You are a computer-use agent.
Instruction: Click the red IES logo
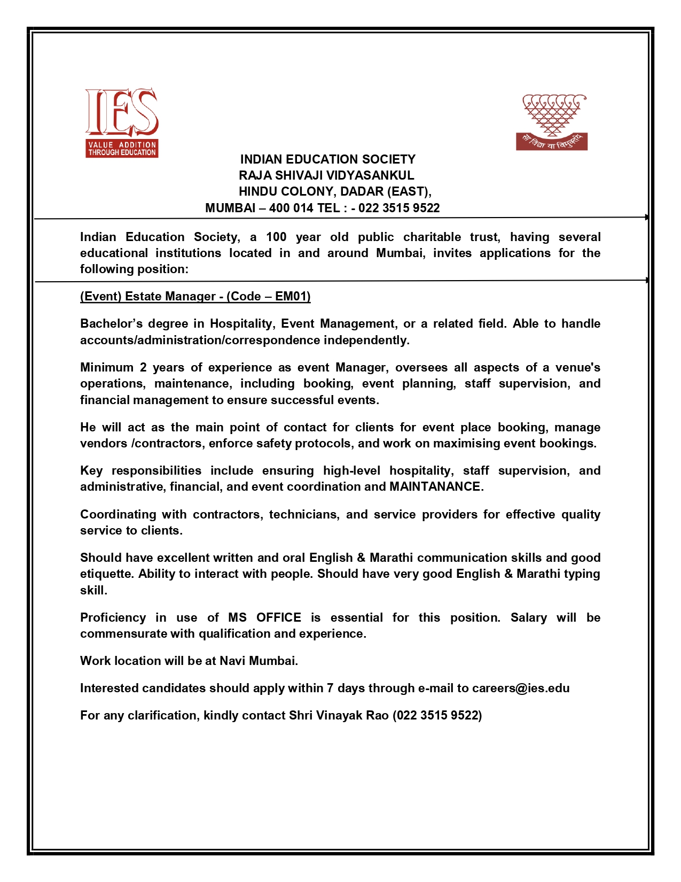click(122, 122)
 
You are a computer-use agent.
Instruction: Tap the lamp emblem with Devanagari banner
click(552, 122)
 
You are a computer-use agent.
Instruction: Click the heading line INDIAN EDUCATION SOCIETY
click(327, 159)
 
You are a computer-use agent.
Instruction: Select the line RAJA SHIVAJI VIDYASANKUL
click(326, 175)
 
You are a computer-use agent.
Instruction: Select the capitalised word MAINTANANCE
click(435, 486)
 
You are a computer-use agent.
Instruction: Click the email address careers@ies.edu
click(521, 688)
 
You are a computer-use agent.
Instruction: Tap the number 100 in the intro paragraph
click(276, 237)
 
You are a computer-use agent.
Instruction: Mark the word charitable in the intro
click(432, 237)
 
